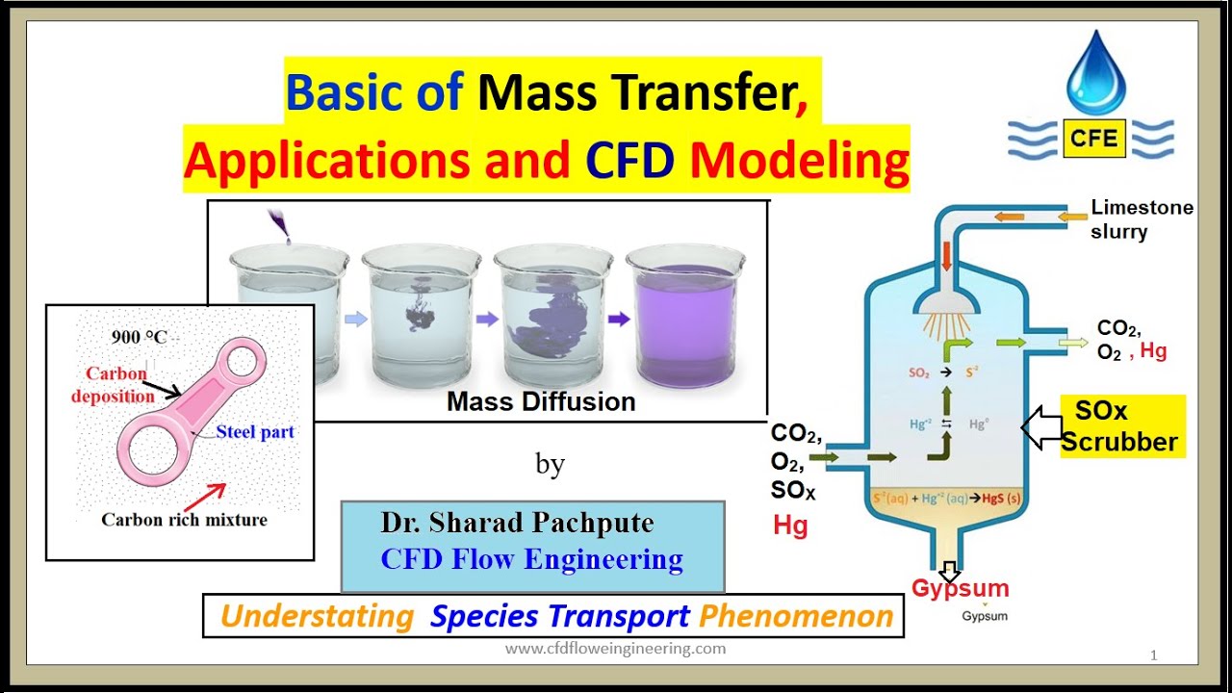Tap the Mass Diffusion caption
coord(541,401)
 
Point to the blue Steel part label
coord(255,432)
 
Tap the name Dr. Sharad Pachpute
coord(517,523)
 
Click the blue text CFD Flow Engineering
coord(531,559)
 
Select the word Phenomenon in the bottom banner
coord(796,616)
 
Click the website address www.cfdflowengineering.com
coord(615,648)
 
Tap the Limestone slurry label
coord(1141,219)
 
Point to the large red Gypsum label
coord(960,588)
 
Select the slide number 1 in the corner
coord(1153,655)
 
